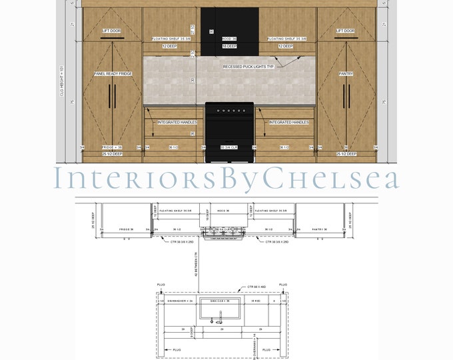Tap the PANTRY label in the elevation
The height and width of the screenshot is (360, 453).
345,74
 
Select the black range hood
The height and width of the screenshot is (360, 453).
229,31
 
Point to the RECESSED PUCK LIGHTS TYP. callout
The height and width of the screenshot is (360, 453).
250,67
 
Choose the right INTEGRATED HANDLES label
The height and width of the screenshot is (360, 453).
288,123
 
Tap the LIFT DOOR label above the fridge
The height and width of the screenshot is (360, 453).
112,31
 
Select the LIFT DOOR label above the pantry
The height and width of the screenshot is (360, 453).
345,31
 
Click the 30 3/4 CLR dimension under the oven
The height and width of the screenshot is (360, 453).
229,147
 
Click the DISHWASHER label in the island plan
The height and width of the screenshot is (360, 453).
179,301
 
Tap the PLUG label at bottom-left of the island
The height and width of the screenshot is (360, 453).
177,349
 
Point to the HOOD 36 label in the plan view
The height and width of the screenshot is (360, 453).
228,211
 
